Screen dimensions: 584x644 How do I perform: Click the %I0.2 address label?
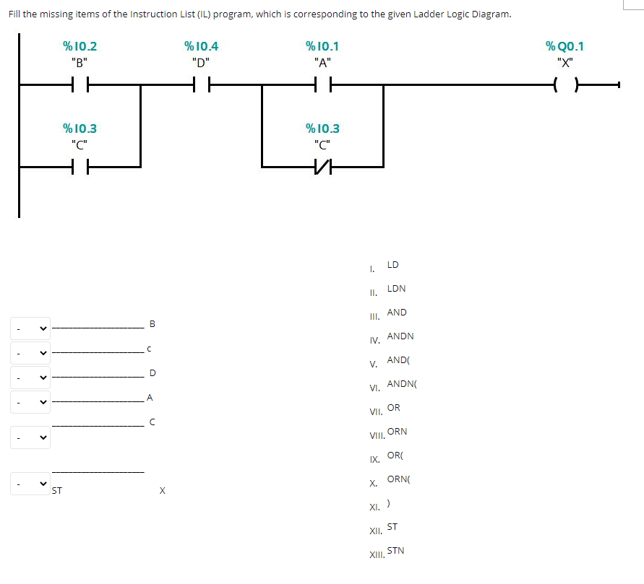pos(80,47)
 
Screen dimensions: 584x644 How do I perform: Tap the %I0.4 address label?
pos(201,47)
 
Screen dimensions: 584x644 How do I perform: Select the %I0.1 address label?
pos(322,47)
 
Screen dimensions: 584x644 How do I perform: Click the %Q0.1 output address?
pos(564,47)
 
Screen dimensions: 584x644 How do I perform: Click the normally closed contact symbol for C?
pos(322,167)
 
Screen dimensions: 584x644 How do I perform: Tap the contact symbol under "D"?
pos(201,85)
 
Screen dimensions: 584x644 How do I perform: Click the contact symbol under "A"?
pos(322,85)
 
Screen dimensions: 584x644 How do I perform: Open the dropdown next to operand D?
pos(30,377)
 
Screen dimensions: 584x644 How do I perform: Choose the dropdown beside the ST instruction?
pos(30,484)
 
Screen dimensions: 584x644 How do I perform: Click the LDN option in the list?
pos(396,289)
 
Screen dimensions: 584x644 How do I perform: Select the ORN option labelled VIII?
pos(397,432)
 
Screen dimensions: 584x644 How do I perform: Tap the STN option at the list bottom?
pos(395,551)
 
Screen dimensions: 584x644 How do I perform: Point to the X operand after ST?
pos(162,492)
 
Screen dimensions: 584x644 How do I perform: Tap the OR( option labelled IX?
pos(395,456)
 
